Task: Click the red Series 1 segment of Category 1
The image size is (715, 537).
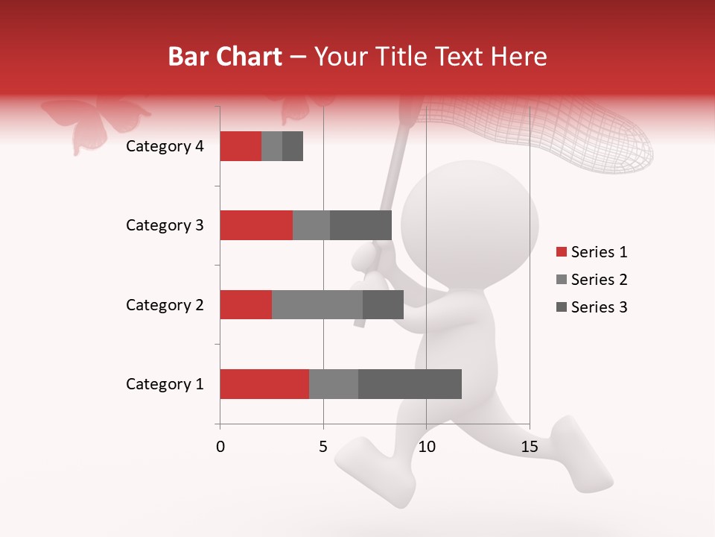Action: tap(264, 384)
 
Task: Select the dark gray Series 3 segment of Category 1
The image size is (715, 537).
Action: tap(410, 384)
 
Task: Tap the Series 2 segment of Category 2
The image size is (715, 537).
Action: tap(317, 304)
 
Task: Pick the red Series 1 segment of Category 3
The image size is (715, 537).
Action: tap(256, 225)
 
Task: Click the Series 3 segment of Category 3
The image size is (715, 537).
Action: tap(360, 225)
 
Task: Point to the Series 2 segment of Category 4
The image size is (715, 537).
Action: tap(272, 146)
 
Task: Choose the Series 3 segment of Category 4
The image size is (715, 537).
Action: tap(293, 146)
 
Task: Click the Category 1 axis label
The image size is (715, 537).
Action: tap(165, 384)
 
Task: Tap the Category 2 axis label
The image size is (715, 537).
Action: tap(165, 305)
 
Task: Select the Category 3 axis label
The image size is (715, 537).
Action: tap(165, 225)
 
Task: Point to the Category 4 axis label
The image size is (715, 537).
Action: tap(165, 146)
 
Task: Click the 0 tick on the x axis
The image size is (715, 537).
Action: tap(220, 447)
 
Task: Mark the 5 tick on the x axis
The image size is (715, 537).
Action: tap(323, 447)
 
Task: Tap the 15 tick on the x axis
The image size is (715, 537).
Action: tap(530, 447)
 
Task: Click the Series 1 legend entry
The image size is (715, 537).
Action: tap(592, 252)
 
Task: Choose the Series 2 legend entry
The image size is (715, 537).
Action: tap(592, 280)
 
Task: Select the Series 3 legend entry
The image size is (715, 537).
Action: tap(592, 307)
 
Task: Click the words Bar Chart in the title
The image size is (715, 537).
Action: tap(225, 57)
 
